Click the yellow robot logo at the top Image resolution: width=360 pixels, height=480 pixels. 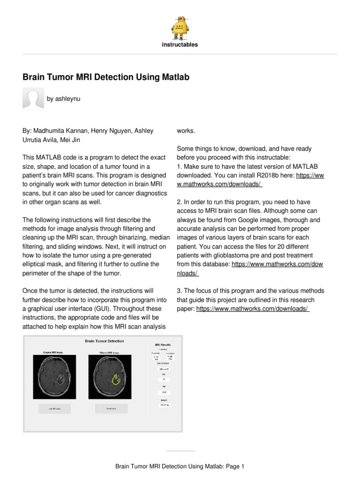[x=180, y=26]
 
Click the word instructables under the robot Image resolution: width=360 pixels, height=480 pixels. [x=180, y=45]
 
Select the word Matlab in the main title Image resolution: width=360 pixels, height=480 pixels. [x=174, y=77]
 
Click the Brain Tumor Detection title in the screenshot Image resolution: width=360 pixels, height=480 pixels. [x=105, y=341]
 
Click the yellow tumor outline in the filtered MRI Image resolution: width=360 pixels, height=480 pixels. [x=115, y=379]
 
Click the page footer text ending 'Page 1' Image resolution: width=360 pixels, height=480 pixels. [x=180, y=466]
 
